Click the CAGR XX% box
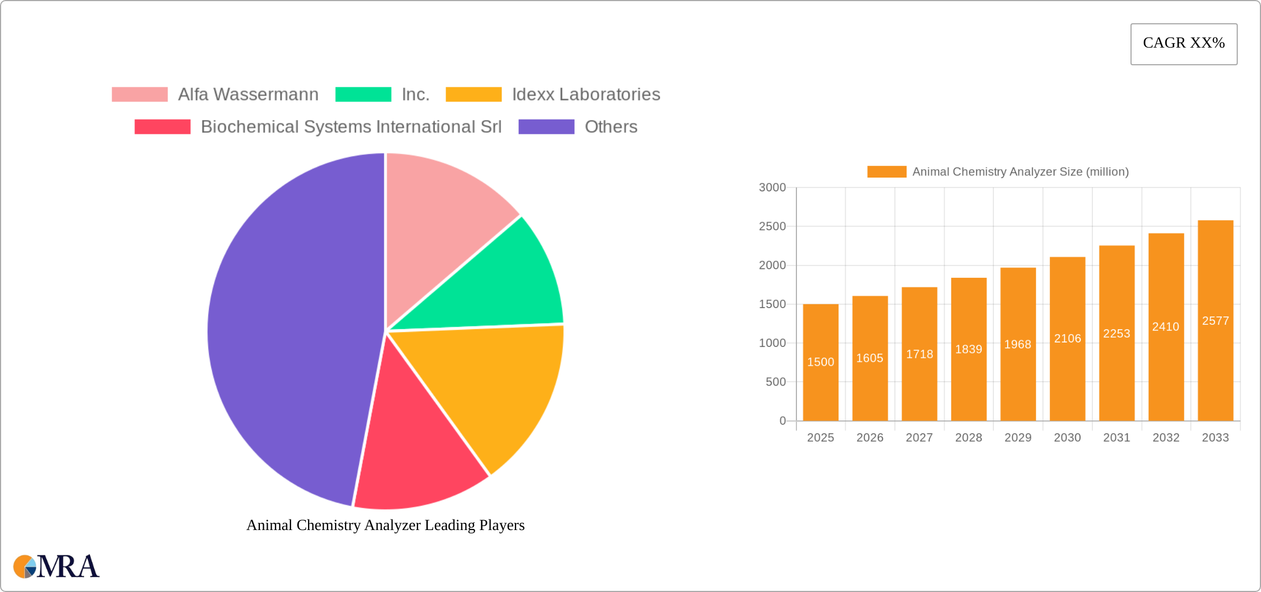coord(1184,44)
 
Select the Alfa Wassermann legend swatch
coord(139,95)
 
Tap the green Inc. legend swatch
coord(363,95)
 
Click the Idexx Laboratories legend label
coord(586,95)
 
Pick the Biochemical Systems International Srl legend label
coord(351,127)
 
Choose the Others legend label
coord(611,127)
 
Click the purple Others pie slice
coord(288,332)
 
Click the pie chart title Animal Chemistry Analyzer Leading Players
coord(385,525)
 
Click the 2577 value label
coord(1215,321)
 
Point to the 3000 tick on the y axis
coord(772,188)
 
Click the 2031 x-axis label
coord(1116,438)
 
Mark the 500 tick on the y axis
coord(775,382)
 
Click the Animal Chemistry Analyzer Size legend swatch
coord(887,172)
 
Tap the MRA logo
coord(56,567)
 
